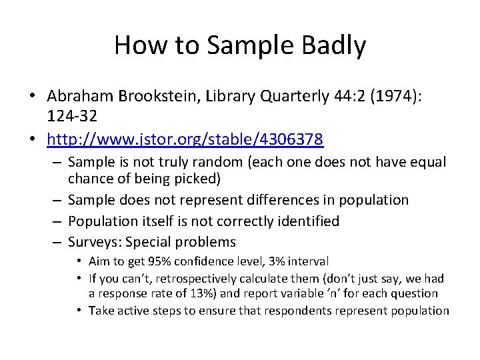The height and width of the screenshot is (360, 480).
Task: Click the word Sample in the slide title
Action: click(242, 45)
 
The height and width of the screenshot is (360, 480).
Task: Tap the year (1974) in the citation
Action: click(397, 97)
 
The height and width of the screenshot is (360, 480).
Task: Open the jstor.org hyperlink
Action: click(185, 139)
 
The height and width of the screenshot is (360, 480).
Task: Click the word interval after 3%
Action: click(308, 262)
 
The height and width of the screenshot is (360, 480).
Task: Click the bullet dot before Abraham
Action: click(32, 97)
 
